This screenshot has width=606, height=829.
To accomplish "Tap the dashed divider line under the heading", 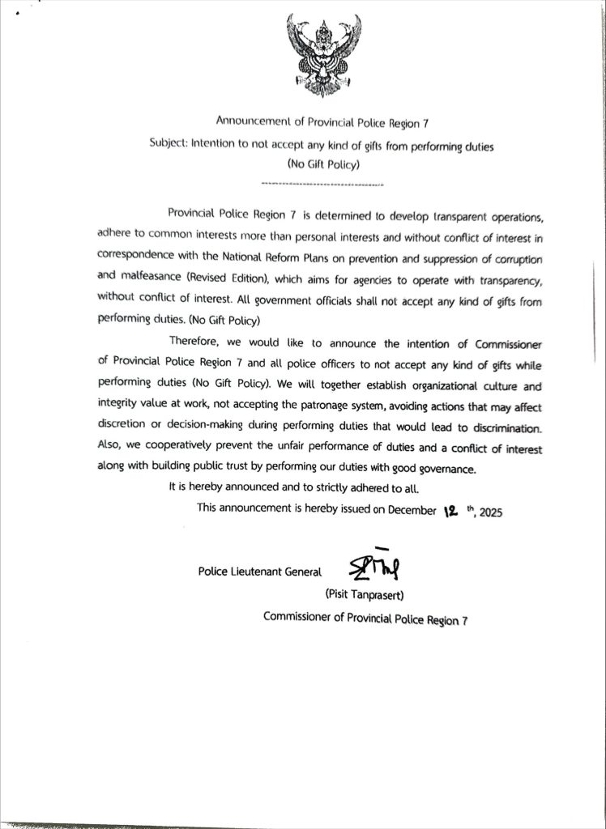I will pyautogui.click(x=323, y=185).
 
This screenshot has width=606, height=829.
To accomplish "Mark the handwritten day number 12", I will pyautogui.click(x=451, y=510).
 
